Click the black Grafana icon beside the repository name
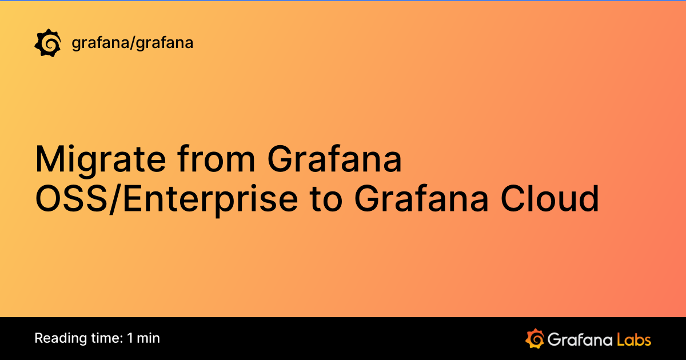coord(48,43)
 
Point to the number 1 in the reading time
coord(131,338)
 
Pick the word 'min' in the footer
coord(149,338)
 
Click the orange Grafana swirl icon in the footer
coord(534,338)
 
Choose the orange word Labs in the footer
coord(634,339)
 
